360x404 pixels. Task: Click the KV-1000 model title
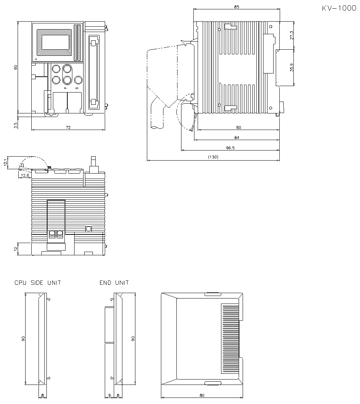click(x=339, y=8)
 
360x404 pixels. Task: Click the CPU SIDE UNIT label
click(x=38, y=283)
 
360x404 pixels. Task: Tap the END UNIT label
click(x=114, y=283)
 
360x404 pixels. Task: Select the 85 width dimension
click(x=237, y=6)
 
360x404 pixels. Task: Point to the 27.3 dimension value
click(x=292, y=35)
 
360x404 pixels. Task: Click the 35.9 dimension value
click(x=292, y=68)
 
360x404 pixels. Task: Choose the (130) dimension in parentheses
click(x=213, y=157)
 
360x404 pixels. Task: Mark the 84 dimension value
click(x=237, y=137)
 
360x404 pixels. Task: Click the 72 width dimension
click(x=68, y=127)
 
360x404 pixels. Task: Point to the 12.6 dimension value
click(x=25, y=175)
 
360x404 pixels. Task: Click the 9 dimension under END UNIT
click(x=109, y=395)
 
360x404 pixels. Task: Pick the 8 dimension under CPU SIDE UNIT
click(x=42, y=395)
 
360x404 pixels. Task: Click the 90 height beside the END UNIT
click(x=133, y=338)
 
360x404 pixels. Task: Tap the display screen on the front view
click(x=56, y=42)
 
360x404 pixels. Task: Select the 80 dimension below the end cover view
click(x=202, y=395)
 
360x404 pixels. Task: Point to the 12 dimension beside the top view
click(x=15, y=249)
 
